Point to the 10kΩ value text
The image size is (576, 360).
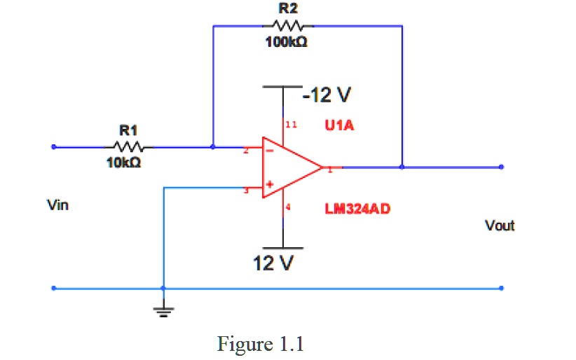(x=124, y=162)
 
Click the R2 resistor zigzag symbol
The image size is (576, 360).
(x=287, y=26)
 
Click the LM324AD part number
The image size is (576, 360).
(x=357, y=209)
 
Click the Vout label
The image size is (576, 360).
(x=500, y=226)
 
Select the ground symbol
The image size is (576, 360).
(x=163, y=309)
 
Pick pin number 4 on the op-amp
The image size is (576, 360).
(x=289, y=208)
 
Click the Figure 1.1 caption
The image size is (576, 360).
(x=261, y=345)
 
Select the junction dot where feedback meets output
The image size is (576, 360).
(x=402, y=167)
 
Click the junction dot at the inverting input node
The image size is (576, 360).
(x=213, y=147)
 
